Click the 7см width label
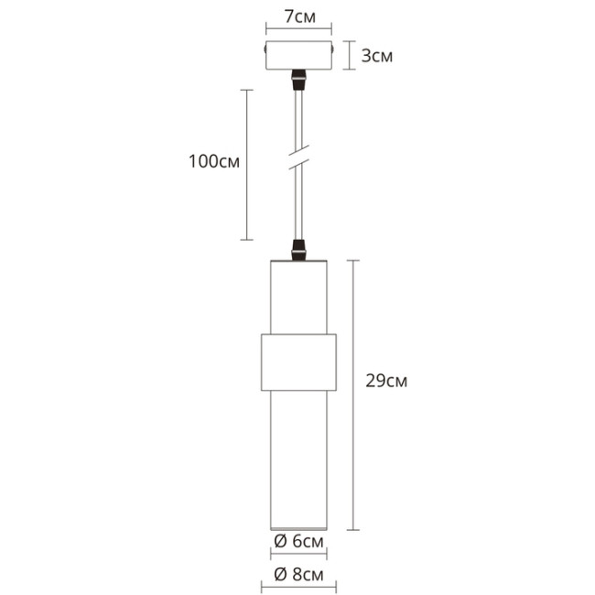click(297, 17)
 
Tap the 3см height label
click(377, 56)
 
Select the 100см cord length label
click(213, 162)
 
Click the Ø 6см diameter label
click(298, 543)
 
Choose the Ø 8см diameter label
click(298, 575)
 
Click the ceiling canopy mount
click(297, 56)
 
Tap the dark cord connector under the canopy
click(297, 80)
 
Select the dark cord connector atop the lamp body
click(297, 249)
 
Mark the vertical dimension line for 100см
click(246, 165)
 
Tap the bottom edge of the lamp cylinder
click(298, 530)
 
